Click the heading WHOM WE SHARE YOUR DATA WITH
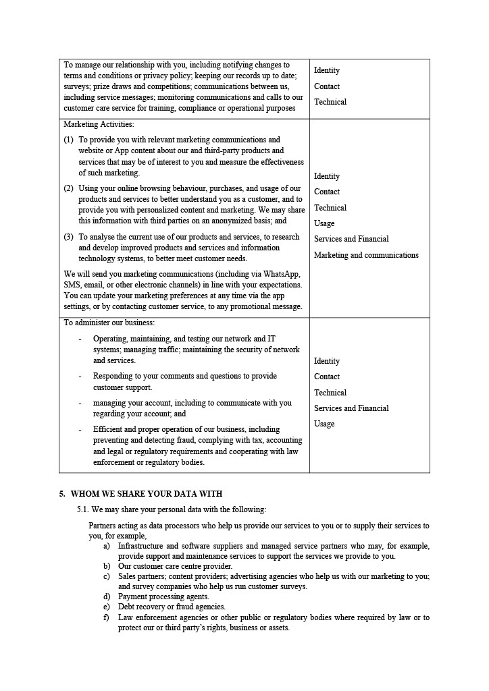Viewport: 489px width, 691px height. [146, 494]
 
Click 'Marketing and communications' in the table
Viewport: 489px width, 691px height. [366, 255]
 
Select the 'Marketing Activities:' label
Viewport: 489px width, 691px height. [99, 124]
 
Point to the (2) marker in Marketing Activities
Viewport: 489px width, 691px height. [69, 188]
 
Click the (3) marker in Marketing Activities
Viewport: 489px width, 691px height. [69, 237]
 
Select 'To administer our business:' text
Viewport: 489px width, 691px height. [109, 323]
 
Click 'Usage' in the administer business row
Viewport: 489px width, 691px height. [324, 424]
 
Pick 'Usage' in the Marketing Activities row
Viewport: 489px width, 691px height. [324, 223]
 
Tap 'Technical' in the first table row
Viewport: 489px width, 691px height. [330, 102]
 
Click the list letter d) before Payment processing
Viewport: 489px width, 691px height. [107, 597]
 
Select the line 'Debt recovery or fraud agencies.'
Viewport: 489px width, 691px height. [172, 607]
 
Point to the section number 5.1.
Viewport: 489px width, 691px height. [83, 509]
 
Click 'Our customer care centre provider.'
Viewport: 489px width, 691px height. [175, 566]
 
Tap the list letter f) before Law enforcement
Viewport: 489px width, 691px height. [106, 617]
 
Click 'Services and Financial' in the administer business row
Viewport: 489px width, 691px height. [351, 408]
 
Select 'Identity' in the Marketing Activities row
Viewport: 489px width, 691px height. [327, 176]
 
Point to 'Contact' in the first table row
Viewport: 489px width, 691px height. [327, 86]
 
